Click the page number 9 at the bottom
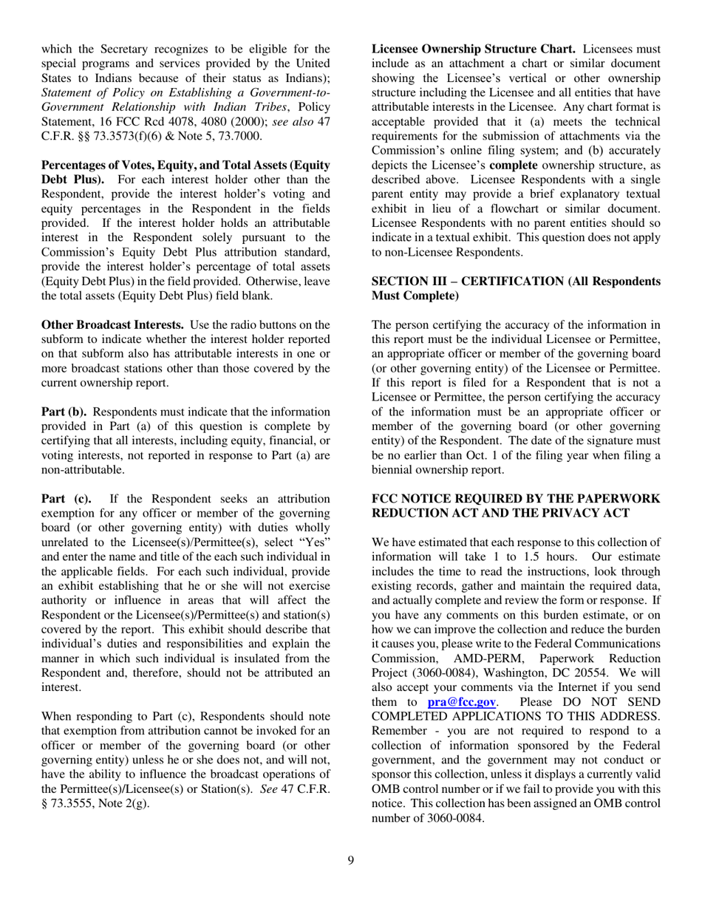pos(350,858)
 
